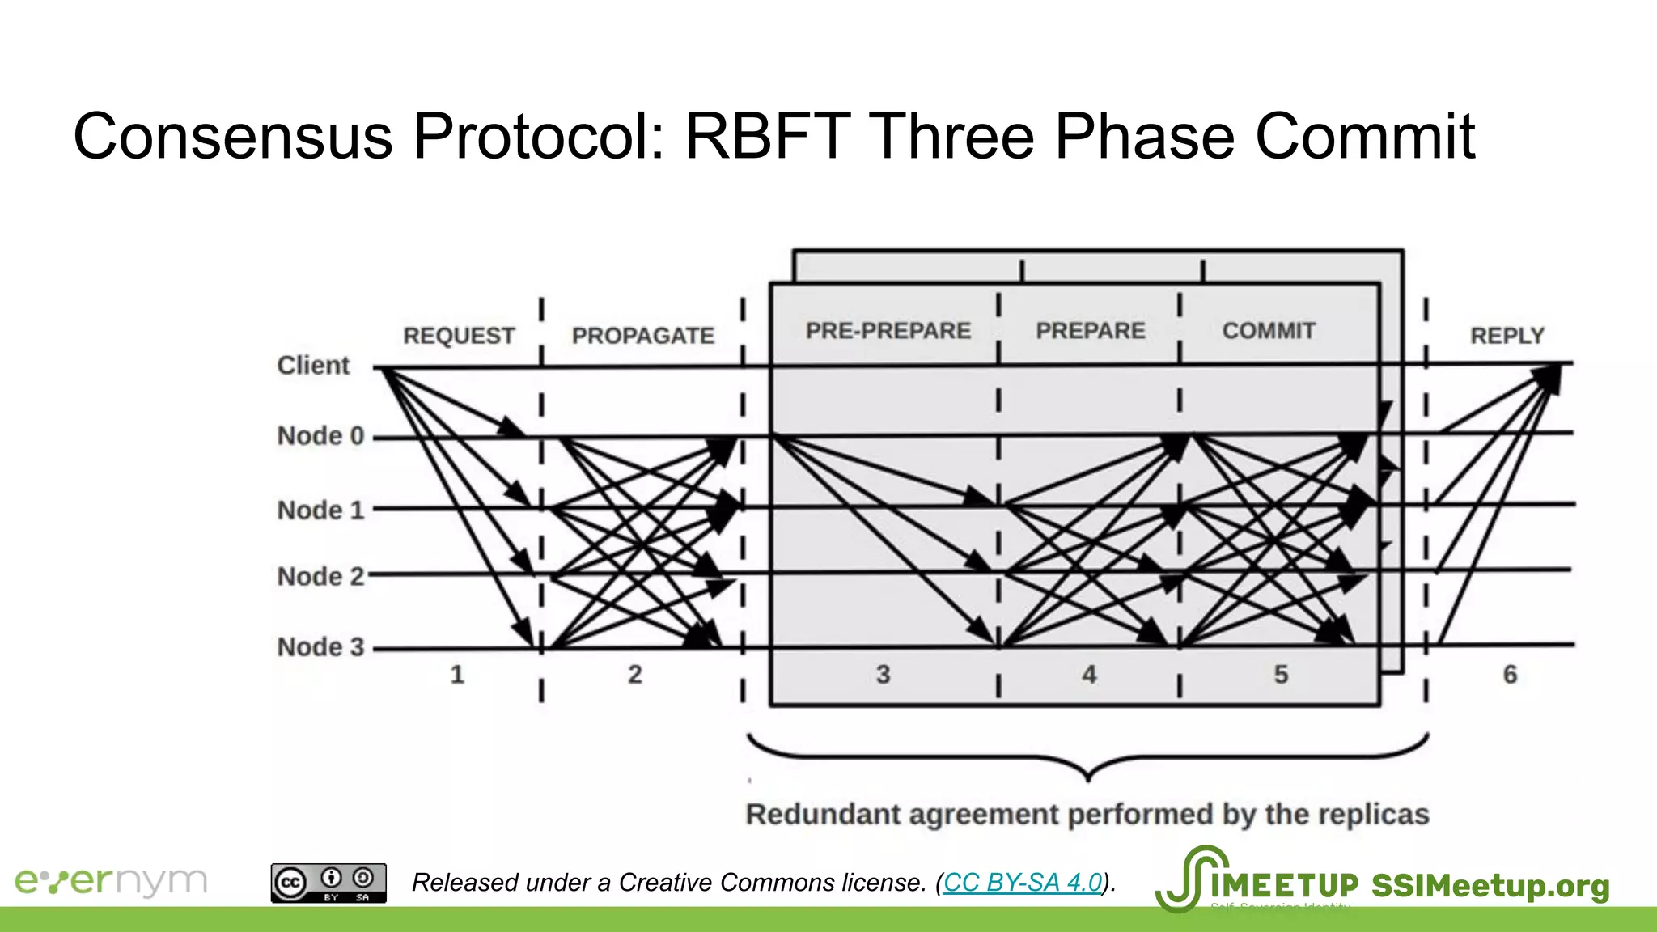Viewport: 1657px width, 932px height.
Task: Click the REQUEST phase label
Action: [x=459, y=336]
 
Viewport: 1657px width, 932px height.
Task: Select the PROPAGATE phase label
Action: [x=643, y=336]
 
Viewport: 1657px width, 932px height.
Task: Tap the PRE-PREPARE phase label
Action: [x=888, y=331]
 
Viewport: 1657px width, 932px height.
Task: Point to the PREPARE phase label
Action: [x=1091, y=331]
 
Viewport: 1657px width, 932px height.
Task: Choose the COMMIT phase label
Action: [x=1269, y=331]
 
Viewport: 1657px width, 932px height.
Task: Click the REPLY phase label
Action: [x=1507, y=336]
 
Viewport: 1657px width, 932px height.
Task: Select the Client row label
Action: [x=313, y=366]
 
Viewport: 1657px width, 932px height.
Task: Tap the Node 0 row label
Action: [x=320, y=436]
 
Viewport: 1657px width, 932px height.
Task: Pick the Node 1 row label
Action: [x=320, y=510]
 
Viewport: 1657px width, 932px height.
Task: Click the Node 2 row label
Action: [x=320, y=577]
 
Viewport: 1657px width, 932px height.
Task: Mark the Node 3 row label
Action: [x=320, y=647]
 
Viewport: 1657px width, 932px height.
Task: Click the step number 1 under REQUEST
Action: [x=457, y=675]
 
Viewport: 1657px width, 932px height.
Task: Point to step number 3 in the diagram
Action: [x=883, y=675]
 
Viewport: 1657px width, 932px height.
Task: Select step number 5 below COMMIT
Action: [x=1281, y=675]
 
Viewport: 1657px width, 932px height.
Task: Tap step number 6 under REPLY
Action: [x=1510, y=675]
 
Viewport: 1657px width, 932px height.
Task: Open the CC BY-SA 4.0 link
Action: [x=1023, y=883]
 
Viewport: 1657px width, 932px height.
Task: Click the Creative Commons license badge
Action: [x=328, y=883]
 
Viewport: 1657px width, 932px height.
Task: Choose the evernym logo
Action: [x=111, y=882]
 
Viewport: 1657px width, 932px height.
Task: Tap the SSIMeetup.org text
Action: [x=1490, y=886]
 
